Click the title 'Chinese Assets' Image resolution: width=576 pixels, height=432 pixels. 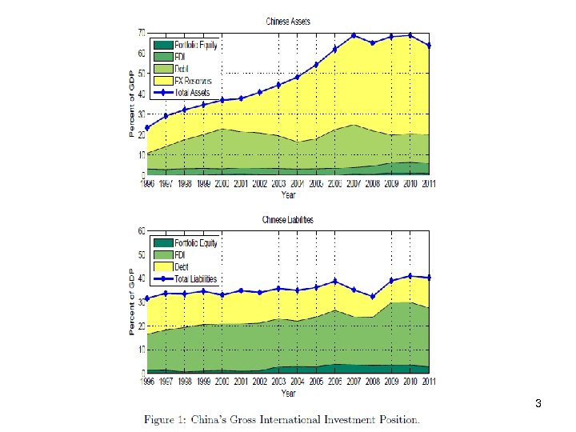click(x=288, y=22)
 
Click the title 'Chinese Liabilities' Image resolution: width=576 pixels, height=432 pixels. click(x=288, y=219)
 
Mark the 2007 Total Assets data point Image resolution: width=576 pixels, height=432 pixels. click(x=354, y=36)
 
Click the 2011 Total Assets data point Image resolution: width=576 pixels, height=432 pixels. click(x=429, y=46)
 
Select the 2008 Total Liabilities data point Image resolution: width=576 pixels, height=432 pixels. click(x=372, y=297)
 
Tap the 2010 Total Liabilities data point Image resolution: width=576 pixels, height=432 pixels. click(x=410, y=276)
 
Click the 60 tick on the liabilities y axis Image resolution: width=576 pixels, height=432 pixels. click(x=140, y=230)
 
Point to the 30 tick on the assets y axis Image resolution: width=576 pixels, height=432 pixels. click(x=140, y=114)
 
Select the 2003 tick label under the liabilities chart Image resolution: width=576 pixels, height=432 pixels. click(x=278, y=382)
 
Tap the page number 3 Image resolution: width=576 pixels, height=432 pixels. click(x=539, y=404)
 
